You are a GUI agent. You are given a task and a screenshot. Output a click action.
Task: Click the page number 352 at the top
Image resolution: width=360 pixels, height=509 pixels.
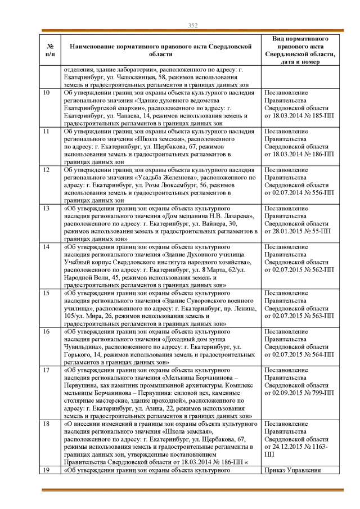tap(192, 25)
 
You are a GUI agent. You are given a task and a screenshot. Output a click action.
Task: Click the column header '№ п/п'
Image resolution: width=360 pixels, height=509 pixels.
tap(49, 49)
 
